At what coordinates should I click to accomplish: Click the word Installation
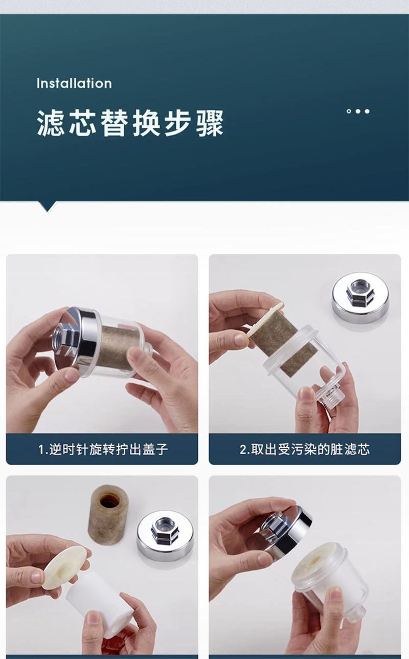(x=74, y=83)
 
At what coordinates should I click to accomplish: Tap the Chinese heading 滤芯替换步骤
(x=130, y=123)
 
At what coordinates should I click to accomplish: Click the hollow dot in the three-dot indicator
(x=349, y=111)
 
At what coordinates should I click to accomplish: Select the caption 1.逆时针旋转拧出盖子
(x=103, y=450)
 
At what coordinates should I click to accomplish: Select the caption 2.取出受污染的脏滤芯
(x=305, y=450)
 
